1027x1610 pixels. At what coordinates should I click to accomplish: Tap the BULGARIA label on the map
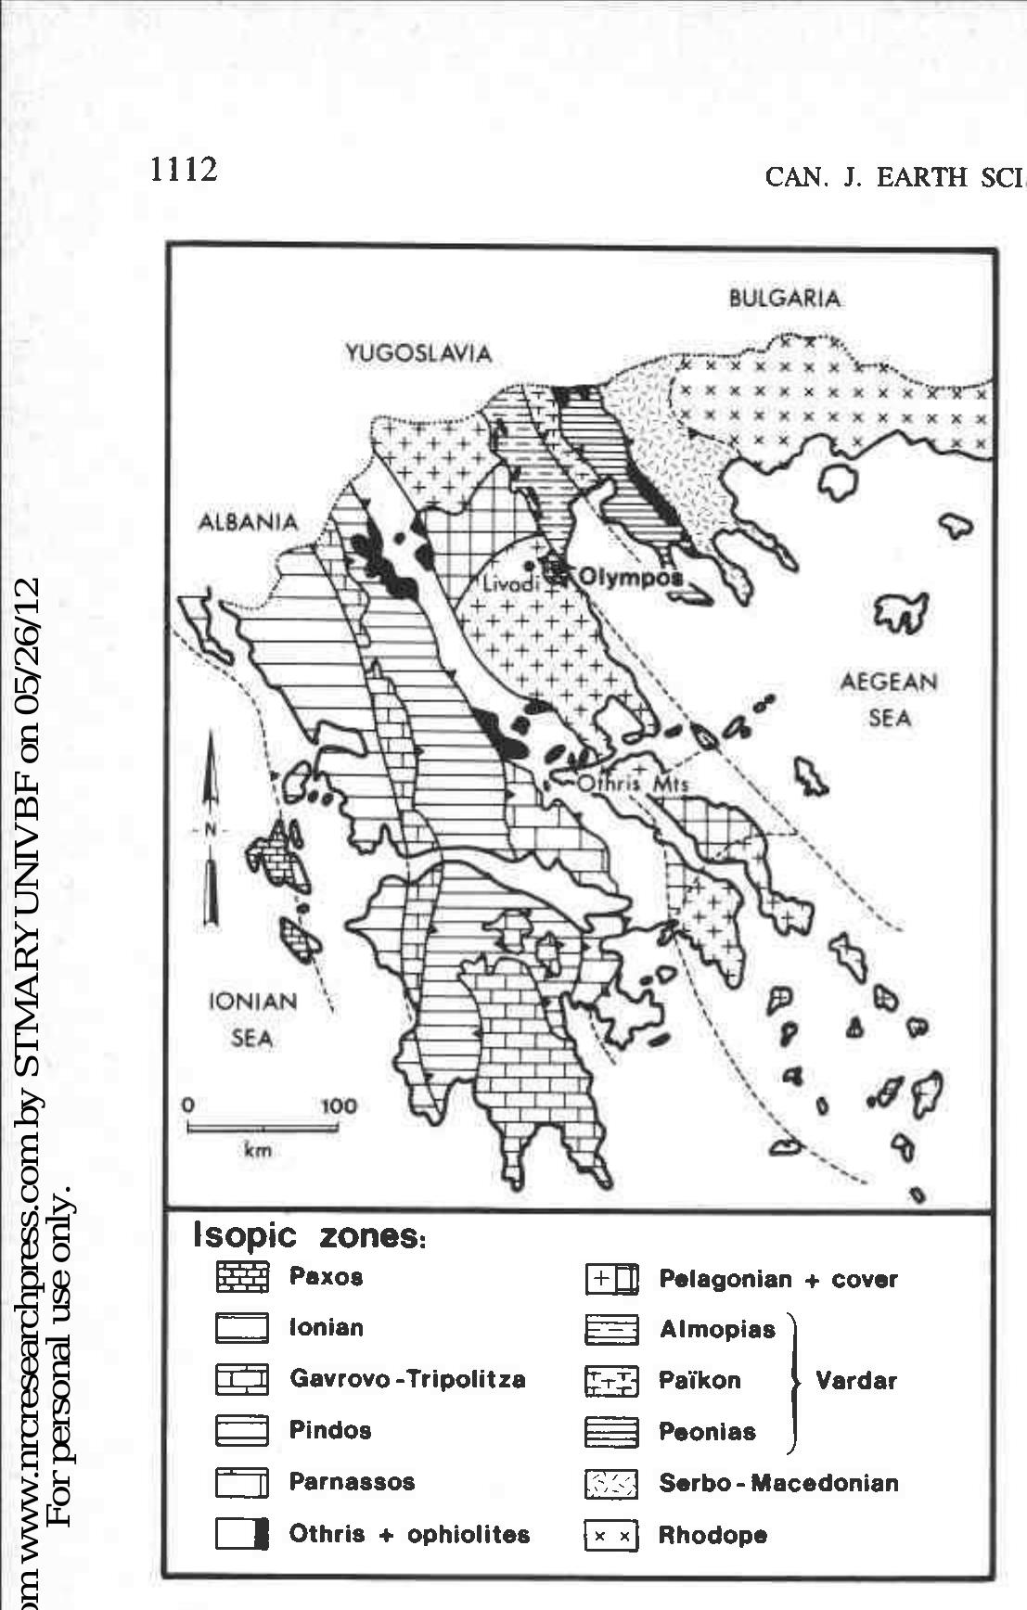click(785, 300)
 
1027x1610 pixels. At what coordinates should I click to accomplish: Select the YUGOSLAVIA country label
click(417, 353)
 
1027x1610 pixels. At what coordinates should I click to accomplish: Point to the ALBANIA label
click(249, 522)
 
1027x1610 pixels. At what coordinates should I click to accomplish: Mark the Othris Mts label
click(634, 784)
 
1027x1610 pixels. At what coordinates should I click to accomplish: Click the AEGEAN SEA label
click(889, 699)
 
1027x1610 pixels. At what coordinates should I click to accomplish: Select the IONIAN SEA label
click(252, 1019)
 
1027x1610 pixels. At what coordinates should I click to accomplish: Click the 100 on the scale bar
click(339, 1106)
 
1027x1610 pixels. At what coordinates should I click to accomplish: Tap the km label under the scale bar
click(257, 1151)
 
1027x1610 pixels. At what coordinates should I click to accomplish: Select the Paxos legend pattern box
click(242, 1278)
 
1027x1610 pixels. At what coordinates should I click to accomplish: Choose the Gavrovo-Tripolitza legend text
click(407, 1379)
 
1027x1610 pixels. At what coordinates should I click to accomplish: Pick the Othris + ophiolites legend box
click(242, 1534)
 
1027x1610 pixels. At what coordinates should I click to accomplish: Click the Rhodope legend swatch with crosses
click(611, 1536)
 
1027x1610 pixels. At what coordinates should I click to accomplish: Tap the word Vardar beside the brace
click(855, 1381)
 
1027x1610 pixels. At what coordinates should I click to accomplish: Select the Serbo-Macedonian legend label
click(778, 1483)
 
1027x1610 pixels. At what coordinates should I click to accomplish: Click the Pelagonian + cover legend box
click(611, 1280)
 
